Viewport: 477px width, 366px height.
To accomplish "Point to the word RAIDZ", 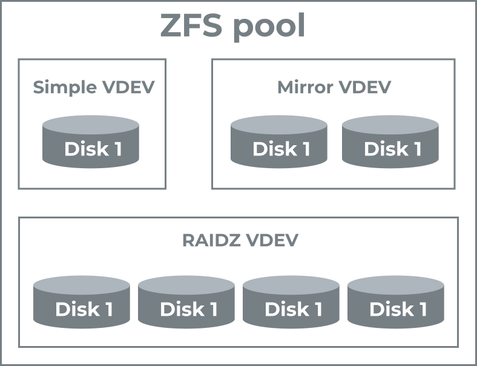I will tap(210, 240).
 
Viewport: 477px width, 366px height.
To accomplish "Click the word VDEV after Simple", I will tap(128, 88).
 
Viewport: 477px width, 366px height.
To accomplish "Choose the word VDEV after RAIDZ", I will tap(271, 240).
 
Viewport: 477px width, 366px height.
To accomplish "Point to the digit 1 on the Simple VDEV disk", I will tap(116, 149).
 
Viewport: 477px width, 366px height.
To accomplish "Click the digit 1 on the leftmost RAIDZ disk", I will tap(107, 310).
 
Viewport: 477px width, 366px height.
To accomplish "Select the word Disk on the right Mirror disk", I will tap(381, 149).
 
